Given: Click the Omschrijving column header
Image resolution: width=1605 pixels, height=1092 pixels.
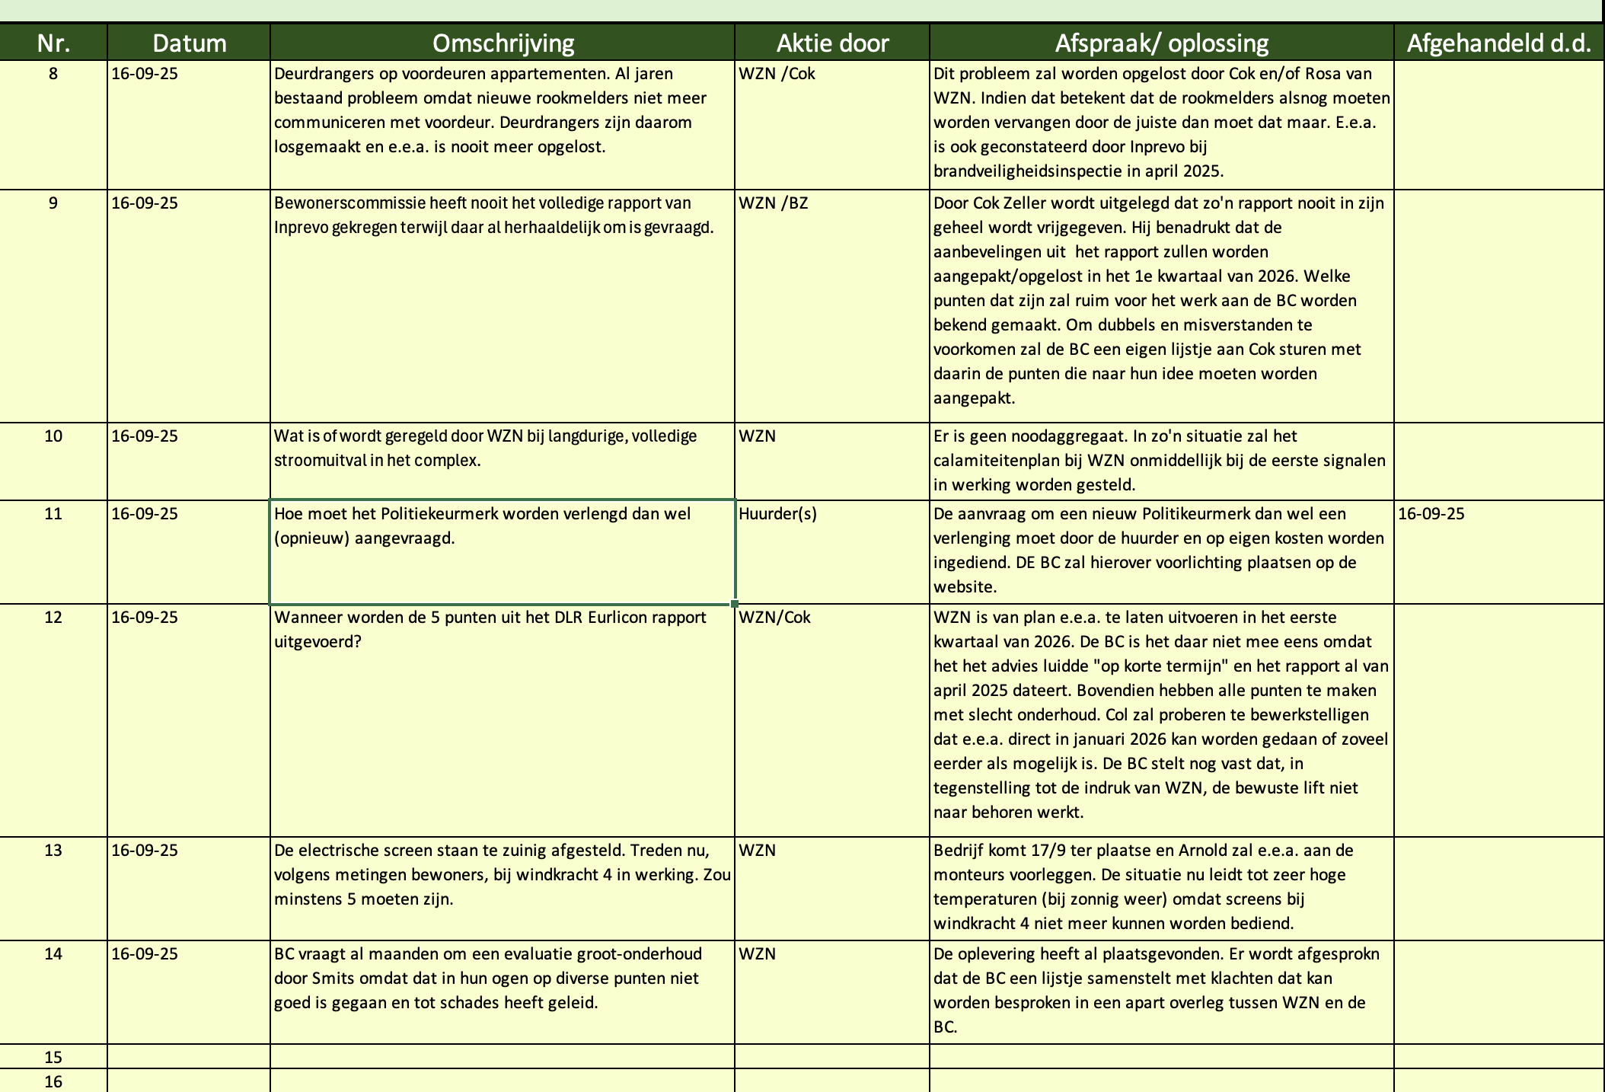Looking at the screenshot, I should (503, 43).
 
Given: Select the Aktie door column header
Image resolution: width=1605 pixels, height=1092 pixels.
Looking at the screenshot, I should (832, 43).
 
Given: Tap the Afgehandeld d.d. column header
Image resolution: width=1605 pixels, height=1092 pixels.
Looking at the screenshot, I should (1498, 43).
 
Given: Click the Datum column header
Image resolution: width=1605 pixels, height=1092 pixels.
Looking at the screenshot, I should (189, 43).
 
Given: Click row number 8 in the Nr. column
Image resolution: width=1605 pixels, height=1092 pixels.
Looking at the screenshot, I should (53, 75).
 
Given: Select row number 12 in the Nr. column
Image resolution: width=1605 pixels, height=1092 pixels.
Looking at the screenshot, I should (53, 618).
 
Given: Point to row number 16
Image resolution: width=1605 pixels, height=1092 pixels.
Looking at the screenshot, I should (53, 1081).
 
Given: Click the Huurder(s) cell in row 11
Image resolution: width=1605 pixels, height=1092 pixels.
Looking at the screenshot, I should (777, 514).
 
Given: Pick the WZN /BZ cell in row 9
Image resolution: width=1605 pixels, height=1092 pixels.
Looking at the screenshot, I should (773, 203).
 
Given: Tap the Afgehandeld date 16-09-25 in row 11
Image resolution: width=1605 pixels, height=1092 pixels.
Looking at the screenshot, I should (1431, 514).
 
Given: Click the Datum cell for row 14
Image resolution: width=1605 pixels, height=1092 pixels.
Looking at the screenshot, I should (145, 954).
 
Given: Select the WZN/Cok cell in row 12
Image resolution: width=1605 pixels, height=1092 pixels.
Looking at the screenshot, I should (774, 618).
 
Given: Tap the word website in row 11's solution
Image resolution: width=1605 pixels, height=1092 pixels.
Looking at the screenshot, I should (964, 587).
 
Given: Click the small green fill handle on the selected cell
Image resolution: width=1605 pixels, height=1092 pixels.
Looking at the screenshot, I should (735, 604).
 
